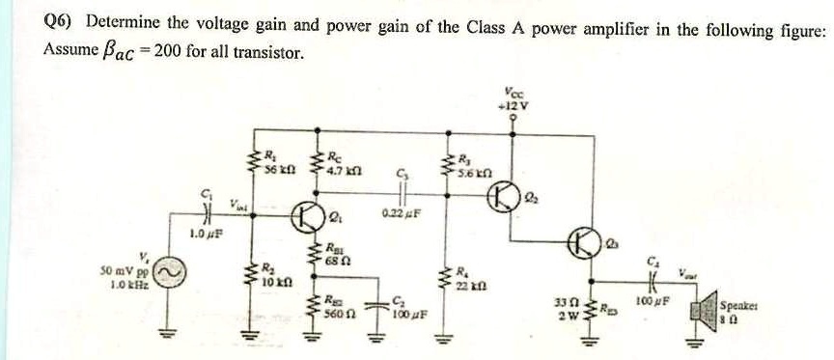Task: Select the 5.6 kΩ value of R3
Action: (x=477, y=171)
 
